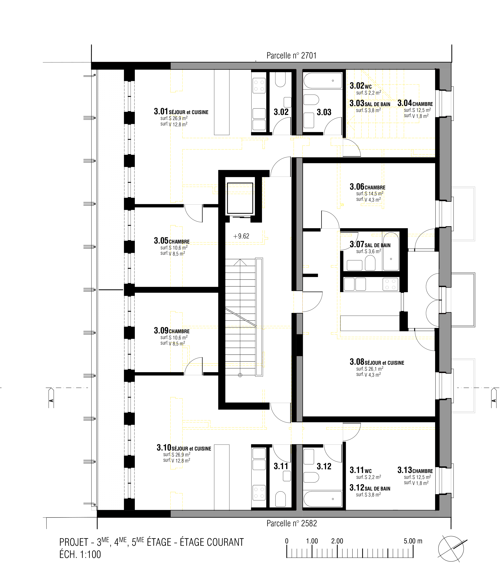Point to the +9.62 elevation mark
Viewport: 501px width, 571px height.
[241, 236]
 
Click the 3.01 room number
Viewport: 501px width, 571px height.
[161, 111]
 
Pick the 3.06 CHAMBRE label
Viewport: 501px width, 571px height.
[367, 187]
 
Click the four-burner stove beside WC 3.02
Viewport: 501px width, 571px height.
[259, 85]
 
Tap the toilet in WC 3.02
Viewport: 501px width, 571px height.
[280, 80]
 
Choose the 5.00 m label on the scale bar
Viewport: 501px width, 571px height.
[413, 541]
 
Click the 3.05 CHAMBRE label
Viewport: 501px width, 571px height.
[172, 241]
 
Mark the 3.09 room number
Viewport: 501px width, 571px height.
[161, 330]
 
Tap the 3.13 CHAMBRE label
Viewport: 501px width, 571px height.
[415, 470]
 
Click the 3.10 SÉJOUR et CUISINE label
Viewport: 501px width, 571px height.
[184, 448]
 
